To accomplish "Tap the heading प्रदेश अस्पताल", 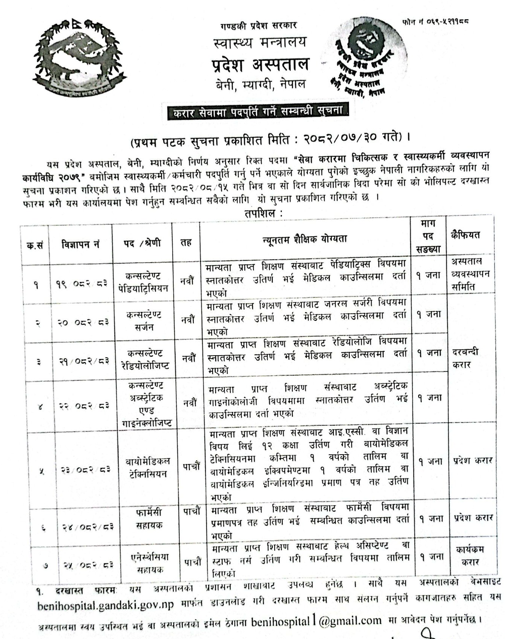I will point(260,65).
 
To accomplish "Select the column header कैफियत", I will point(465,235).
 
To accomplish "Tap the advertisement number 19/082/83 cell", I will point(81,284).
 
